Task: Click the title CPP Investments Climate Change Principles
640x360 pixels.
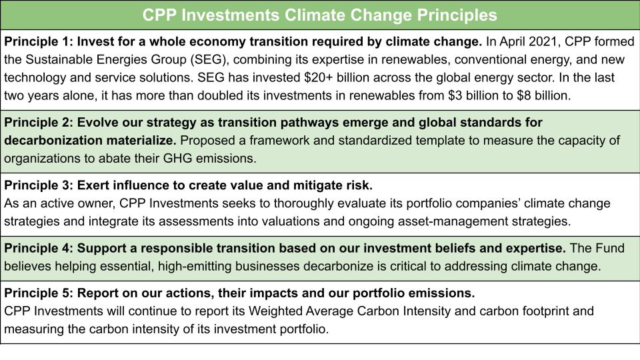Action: tap(319, 15)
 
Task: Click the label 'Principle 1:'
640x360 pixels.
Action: tap(39, 41)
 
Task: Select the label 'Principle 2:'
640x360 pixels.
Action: tap(39, 123)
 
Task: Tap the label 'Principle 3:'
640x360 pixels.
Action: tap(39, 185)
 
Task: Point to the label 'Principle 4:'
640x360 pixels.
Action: tap(39, 248)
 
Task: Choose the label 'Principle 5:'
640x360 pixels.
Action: tap(39, 293)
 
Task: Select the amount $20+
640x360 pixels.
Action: tap(319, 77)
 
